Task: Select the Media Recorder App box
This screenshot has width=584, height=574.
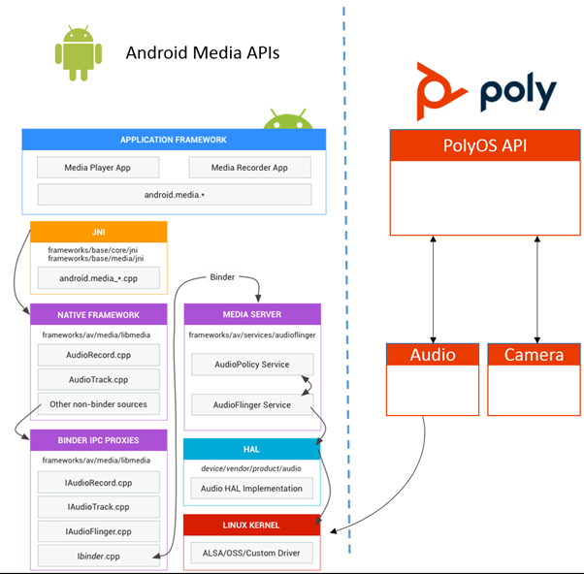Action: [249, 168]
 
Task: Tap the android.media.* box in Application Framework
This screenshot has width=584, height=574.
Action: [175, 195]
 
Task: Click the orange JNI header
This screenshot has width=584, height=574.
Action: [99, 232]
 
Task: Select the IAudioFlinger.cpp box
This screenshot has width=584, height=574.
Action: [97, 530]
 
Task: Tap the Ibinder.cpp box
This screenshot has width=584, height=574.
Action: [97, 556]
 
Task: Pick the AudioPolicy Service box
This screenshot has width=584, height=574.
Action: [253, 366]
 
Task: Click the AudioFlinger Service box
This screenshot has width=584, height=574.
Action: [253, 404]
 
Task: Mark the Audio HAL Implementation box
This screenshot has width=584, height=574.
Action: [252, 488]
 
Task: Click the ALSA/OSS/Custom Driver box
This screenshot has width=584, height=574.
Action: [252, 554]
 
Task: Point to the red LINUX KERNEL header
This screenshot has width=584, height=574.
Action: [252, 526]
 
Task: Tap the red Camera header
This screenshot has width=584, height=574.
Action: [534, 354]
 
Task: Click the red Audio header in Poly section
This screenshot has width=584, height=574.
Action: [433, 354]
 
